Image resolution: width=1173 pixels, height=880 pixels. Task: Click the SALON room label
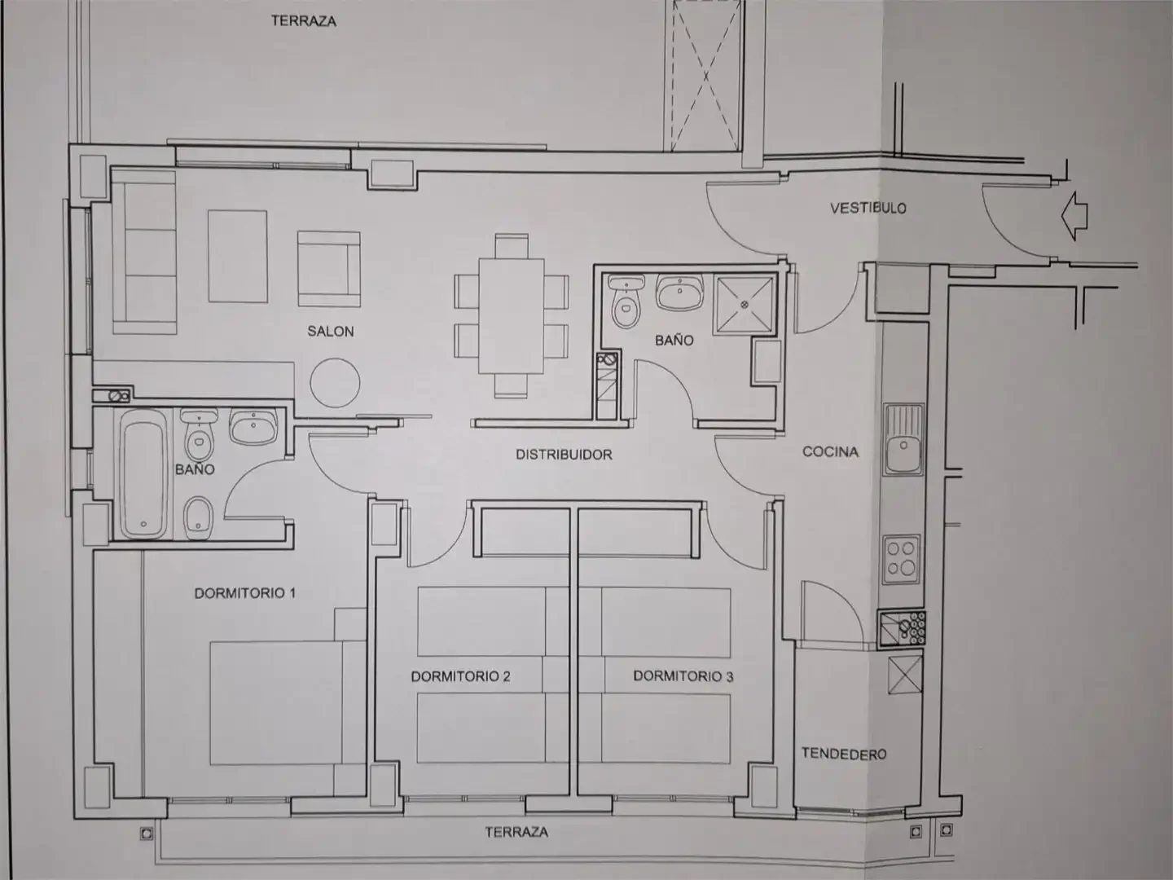[x=330, y=332]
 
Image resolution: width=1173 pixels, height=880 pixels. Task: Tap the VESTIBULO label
[x=868, y=208]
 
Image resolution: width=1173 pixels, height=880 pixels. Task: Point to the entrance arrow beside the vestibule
[x=1074, y=216]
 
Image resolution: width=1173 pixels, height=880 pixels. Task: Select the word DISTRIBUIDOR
[x=564, y=455]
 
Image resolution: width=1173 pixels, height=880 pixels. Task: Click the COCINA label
[x=830, y=452]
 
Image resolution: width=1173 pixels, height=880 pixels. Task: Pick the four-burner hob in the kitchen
[x=902, y=560]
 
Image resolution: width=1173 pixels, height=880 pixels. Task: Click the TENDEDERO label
[x=844, y=754]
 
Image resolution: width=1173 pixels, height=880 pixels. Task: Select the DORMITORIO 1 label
[x=244, y=593]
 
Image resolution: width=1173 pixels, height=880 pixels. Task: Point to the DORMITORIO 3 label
[x=683, y=676]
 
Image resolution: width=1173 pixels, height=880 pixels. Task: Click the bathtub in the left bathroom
[x=143, y=474]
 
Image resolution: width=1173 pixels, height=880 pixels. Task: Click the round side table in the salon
[x=335, y=383]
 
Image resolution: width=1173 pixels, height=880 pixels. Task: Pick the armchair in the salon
[x=328, y=269]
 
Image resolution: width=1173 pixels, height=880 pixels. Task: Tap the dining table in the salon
[x=512, y=315]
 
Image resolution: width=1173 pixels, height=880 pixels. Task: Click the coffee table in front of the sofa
[x=237, y=256]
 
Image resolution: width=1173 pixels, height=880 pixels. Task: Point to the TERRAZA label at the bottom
[x=516, y=832]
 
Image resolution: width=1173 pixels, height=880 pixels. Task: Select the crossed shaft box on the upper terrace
[x=705, y=75]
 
